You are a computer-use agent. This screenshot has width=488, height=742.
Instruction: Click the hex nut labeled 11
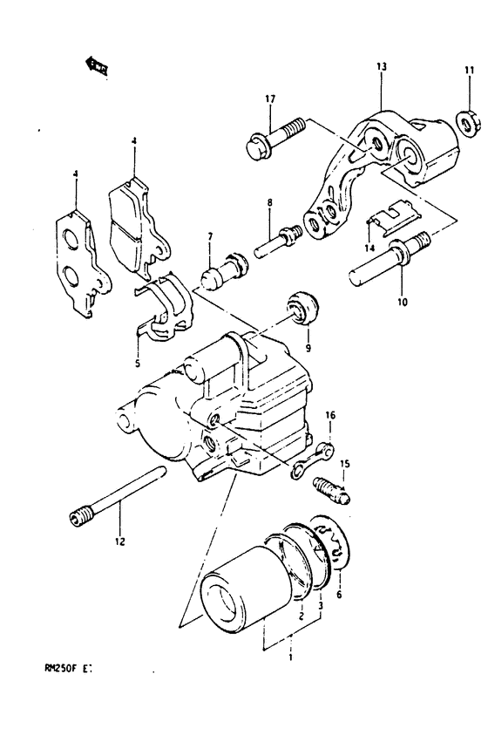[465, 124]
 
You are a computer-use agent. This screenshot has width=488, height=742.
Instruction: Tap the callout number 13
[381, 66]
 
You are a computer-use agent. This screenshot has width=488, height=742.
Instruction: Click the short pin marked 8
[277, 239]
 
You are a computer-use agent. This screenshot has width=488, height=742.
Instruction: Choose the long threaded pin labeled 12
[119, 498]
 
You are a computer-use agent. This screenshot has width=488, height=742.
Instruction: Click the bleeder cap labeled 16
[314, 458]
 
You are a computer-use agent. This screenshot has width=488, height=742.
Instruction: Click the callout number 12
[119, 541]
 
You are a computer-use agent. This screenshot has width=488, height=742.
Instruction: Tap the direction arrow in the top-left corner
[97, 65]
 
